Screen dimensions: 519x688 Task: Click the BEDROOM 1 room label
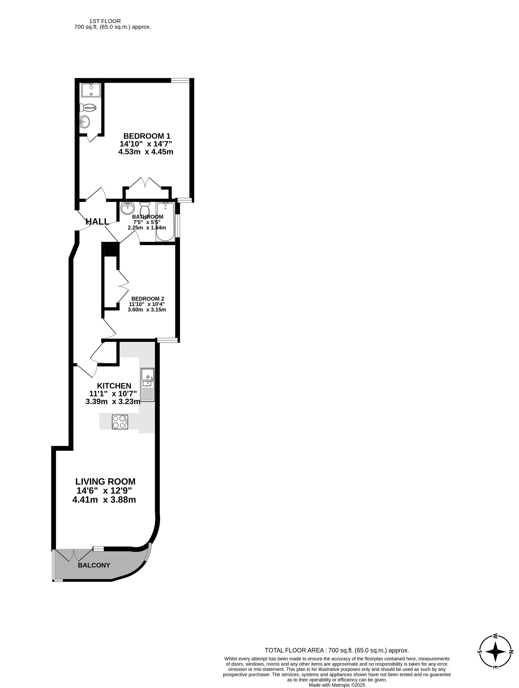pos(147,136)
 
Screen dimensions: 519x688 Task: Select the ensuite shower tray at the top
pos(91,90)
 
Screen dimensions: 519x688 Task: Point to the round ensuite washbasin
pos(85,122)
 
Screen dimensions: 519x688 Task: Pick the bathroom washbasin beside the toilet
pos(127,208)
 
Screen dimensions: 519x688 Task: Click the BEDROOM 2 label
pos(148,299)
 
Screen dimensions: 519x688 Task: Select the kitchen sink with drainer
pos(148,385)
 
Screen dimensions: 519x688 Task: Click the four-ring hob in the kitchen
pos(120,422)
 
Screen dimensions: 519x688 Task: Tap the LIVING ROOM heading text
pos(105,481)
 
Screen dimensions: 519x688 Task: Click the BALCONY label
pos(94,565)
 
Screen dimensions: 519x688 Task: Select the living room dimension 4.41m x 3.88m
pos(104,500)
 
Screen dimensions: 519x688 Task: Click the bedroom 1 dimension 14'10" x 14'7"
pos(146,144)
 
